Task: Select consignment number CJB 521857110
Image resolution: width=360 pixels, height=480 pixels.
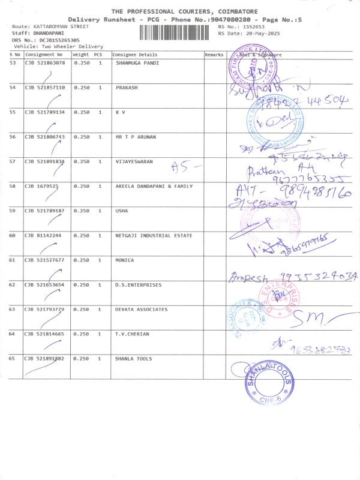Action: click(x=44, y=88)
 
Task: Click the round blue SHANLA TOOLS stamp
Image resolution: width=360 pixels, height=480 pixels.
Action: click(x=269, y=383)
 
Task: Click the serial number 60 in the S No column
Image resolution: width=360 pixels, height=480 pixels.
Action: click(x=13, y=235)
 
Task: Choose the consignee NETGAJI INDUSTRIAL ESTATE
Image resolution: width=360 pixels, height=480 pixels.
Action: click(x=154, y=235)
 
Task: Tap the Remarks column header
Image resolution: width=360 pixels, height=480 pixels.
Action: click(x=214, y=55)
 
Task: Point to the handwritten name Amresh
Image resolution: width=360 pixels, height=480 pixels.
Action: click(x=245, y=277)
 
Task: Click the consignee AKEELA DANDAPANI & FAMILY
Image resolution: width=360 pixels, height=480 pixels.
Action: click(x=154, y=186)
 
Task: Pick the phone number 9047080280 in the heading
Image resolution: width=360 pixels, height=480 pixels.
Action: click(x=231, y=20)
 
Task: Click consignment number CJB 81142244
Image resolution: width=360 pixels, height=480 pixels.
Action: click(x=43, y=235)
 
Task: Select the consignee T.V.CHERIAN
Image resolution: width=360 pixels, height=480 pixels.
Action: click(x=132, y=334)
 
